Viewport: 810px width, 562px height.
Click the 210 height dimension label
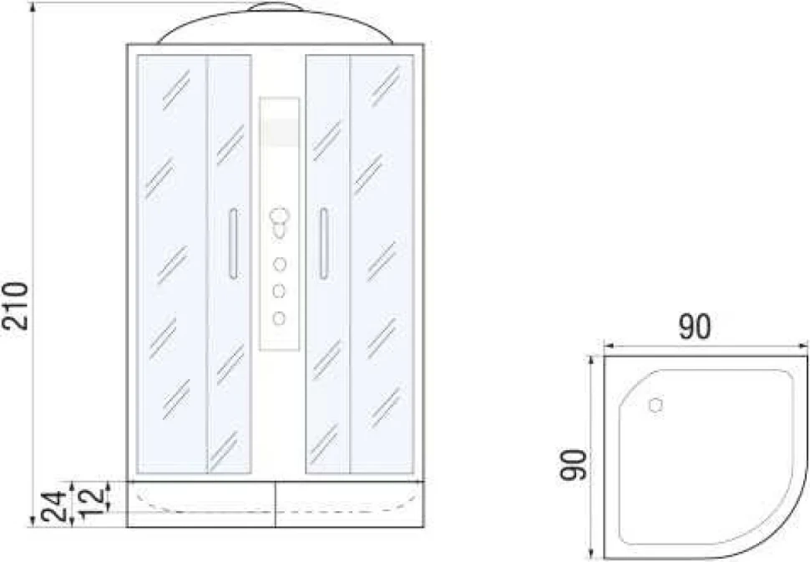15,306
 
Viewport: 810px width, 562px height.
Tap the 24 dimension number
53,507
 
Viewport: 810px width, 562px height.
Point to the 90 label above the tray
694,327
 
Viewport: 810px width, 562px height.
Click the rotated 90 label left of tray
574,465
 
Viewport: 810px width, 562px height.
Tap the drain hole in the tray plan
656,405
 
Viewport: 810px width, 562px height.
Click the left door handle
234,244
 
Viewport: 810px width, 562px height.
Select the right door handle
324,244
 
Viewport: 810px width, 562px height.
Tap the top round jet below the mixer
280,265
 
